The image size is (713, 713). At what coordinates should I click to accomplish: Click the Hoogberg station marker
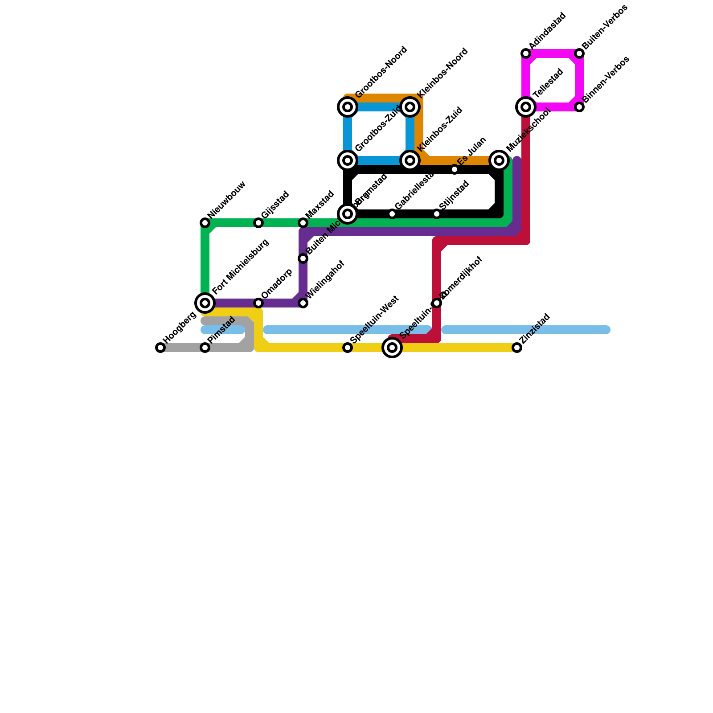coord(160,348)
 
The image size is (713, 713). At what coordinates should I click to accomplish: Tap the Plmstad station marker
coord(205,348)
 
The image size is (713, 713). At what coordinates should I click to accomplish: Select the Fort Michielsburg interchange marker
coord(205,303)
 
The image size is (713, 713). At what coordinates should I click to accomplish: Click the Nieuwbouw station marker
coord(205,223)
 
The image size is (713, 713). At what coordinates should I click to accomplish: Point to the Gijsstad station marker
coord(258,223)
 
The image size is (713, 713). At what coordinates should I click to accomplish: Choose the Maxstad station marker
coord(303,223)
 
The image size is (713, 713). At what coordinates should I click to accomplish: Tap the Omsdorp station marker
coord(258,303)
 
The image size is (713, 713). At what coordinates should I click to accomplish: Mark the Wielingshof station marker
coord(303,303)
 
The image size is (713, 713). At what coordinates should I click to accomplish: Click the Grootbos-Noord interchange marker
coord(348,107)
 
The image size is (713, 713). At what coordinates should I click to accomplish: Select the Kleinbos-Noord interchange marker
coord(410,107)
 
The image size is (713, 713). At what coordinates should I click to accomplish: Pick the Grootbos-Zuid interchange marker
coord(348,160)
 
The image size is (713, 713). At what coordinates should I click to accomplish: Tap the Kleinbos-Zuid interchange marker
coord(410,160)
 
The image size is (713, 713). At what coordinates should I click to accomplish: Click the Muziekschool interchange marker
coord(499,160)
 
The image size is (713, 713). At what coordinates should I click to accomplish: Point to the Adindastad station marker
coord(526,53)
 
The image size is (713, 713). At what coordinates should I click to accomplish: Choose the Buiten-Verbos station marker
coord(579,53)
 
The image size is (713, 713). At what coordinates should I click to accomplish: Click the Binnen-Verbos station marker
coord(579,107)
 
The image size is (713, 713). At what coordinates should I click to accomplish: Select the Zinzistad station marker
coord(517,348)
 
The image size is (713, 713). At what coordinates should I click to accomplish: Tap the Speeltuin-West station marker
coord(348,348)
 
